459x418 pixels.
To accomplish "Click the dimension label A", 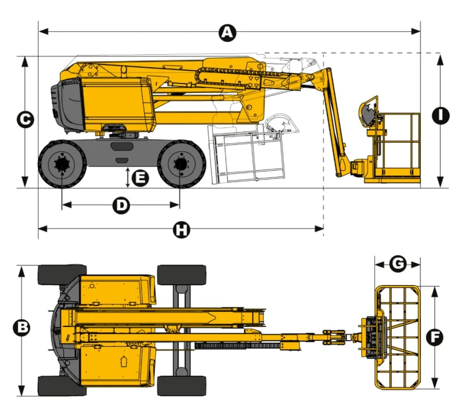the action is click(x=227, y=32).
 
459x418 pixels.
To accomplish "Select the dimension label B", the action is click(x=21, y=327).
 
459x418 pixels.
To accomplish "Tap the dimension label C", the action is click(x=25, y=120).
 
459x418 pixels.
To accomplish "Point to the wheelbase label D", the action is click(x=121, y=205).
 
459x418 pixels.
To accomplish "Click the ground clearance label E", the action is click(x=140, y=178).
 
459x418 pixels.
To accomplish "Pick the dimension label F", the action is click(x=435, y=337).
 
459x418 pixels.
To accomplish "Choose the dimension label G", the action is click(x=398, y=264).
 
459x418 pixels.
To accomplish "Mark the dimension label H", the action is click(x=182, y=229).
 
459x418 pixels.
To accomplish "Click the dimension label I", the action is click(x=441, y=115).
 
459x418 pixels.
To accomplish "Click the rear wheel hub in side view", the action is click(x=62, y=165).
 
